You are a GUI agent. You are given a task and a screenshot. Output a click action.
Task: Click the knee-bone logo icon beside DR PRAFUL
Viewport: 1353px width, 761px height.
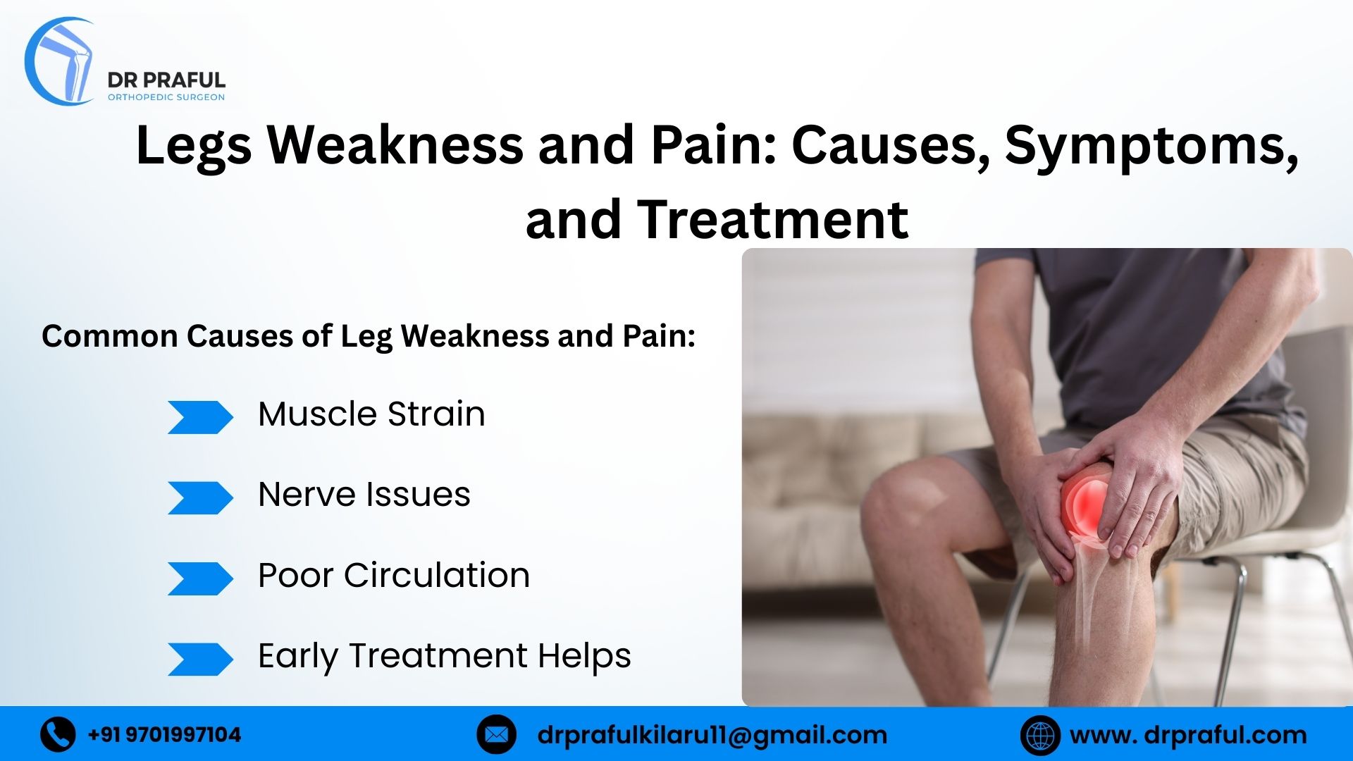pos(62,62)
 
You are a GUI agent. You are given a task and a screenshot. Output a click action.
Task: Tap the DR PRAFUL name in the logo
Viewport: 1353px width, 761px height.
pos(166,80)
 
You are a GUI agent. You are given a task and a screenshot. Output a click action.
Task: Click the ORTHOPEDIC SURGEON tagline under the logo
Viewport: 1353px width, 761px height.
pos(166,97)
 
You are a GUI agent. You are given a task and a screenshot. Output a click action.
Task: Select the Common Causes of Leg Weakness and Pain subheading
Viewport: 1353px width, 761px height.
pos(369,336)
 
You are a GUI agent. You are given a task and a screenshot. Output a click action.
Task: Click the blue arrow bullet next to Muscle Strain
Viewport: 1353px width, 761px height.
pos(199,417)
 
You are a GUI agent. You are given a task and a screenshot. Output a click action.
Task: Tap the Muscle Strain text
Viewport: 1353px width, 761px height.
pos(371,414)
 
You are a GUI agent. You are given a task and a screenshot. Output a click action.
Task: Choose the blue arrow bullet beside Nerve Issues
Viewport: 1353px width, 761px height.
pos(199,498)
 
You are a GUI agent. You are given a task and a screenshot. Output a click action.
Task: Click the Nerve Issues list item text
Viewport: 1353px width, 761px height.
pos(364,495)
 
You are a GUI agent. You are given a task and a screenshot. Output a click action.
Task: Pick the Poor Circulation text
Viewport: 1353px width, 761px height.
pos(393,576)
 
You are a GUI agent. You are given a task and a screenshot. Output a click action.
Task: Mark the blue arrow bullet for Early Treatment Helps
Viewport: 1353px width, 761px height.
pos(199,660)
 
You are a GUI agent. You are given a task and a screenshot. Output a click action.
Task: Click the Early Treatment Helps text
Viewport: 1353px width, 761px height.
pos(444,657)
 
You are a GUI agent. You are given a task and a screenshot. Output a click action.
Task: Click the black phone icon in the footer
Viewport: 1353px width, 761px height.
pos(58,735)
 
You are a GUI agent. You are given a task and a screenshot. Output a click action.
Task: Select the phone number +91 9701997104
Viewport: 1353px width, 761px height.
pos(164,735)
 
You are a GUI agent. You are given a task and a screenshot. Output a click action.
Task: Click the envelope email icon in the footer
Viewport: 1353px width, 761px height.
pos(496,735)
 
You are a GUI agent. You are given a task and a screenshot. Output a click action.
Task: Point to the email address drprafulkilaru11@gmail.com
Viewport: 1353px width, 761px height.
pos(712,735)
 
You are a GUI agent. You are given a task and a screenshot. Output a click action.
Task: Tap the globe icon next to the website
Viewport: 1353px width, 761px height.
pos(1039,735)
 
